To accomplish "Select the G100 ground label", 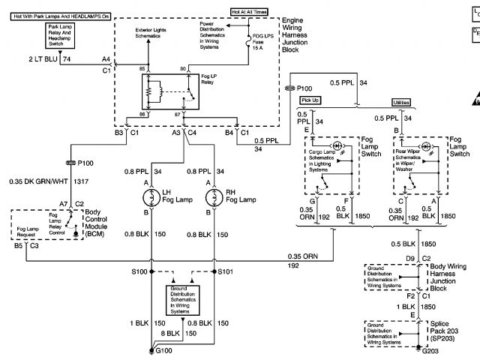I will [x=163, y=350].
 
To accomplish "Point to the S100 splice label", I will [x=139, y=271].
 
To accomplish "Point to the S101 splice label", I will [x=227, y=271].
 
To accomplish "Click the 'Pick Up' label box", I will [x=310, y=99].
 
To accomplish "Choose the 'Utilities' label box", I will [x=402, y=102].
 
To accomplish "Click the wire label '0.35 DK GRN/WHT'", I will [x=38, y=181].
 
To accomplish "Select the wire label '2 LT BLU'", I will [x=43, y=57].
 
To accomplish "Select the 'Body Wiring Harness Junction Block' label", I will [x=454, y=271].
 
